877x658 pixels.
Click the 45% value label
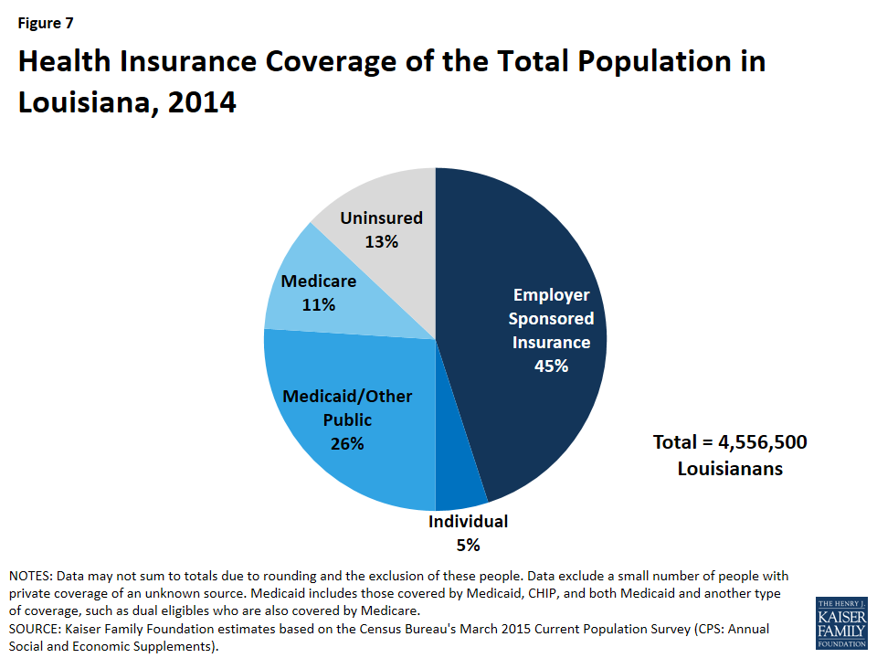click(x=551, y=366)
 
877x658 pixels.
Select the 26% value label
click(x=347, y=444)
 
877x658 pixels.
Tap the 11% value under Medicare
click(x=319, y=304)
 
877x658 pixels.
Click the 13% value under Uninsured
click(x=381, y=242)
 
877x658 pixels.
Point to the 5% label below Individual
click(x=468, y=546)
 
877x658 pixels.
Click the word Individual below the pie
click(x=468, y=522)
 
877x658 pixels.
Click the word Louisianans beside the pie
click(x=729, y=469)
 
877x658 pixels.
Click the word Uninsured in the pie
click(x=381, y=218)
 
